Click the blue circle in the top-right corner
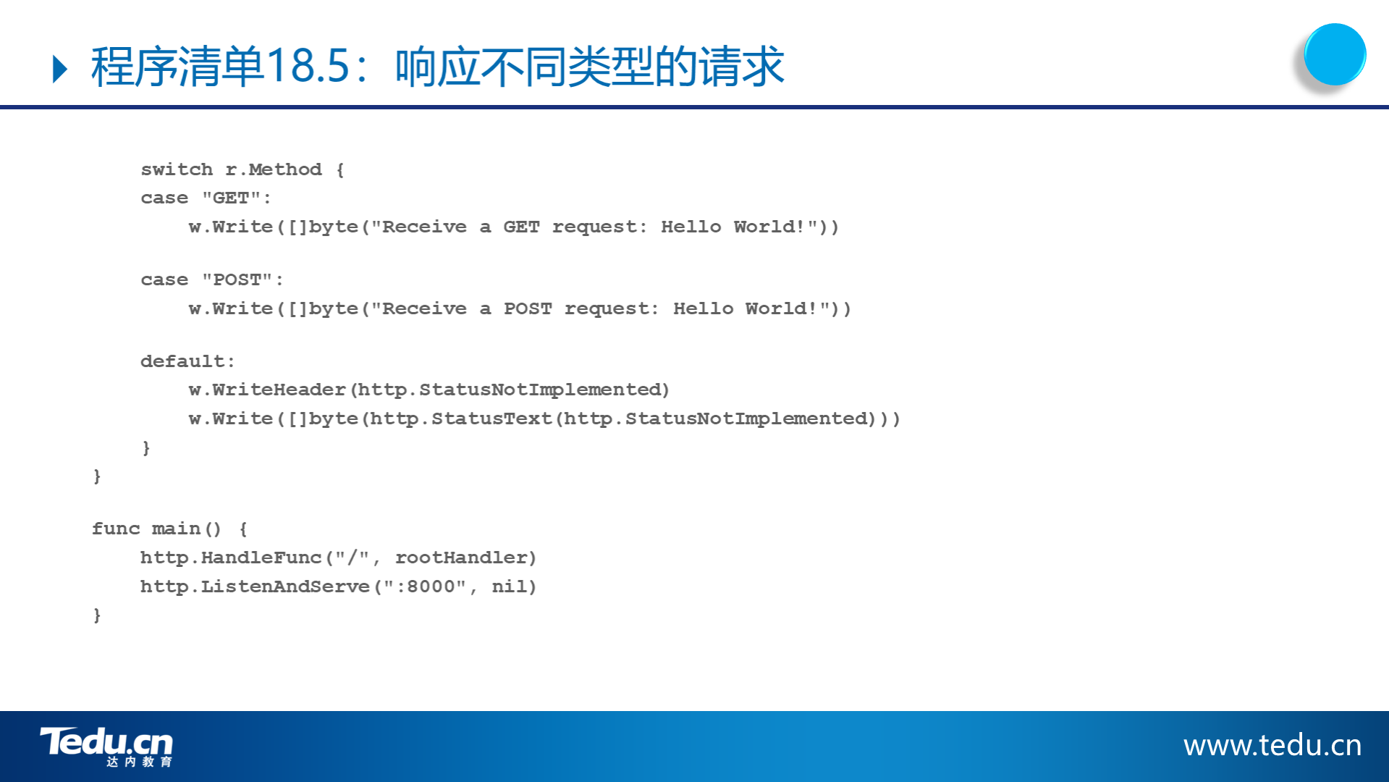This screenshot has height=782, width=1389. point(1335,54)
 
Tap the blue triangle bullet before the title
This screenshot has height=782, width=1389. point(61,69)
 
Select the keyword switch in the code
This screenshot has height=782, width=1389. point(177,169)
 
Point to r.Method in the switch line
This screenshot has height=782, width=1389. point(274,169)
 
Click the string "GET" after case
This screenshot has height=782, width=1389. point(231,198)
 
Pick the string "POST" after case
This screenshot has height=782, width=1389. point(237,279)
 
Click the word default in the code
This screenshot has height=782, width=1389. point(182,361)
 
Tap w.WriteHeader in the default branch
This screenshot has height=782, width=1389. point(267,390)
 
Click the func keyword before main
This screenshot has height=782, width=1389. point(116,529)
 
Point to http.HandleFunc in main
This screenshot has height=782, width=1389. point(231,558)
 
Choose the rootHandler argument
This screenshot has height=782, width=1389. point(461,558)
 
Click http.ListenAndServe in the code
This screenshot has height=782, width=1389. point(255,586)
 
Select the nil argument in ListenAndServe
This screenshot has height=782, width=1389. point(510,586)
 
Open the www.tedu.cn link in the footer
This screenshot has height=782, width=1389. point(1272,745)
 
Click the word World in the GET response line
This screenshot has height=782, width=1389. point(764,227)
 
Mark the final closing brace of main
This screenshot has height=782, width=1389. point(97,615)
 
